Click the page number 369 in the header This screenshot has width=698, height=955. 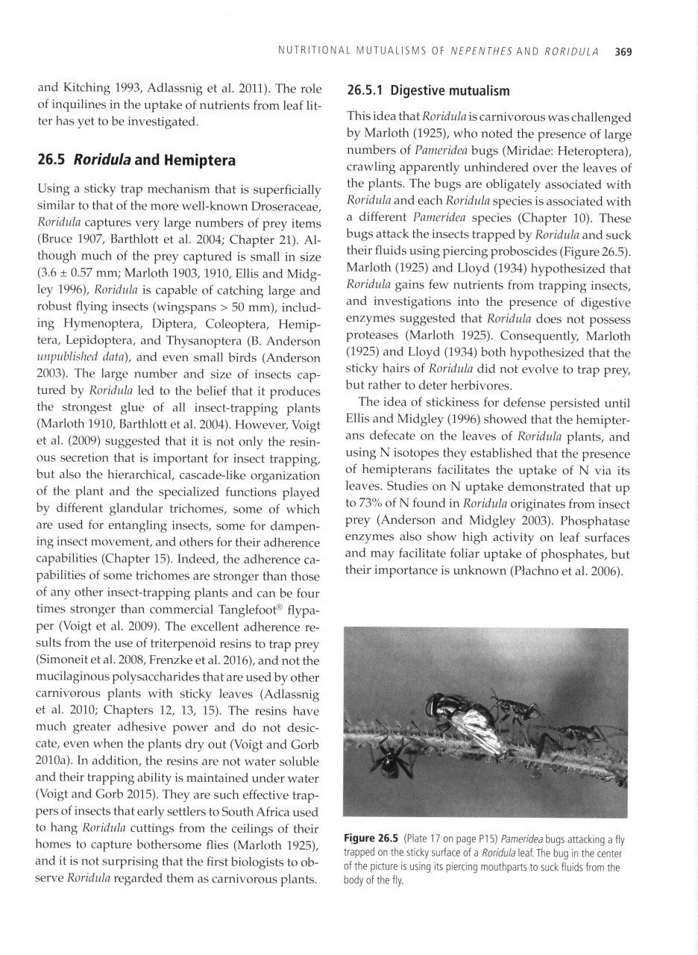[x=623, y=52]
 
